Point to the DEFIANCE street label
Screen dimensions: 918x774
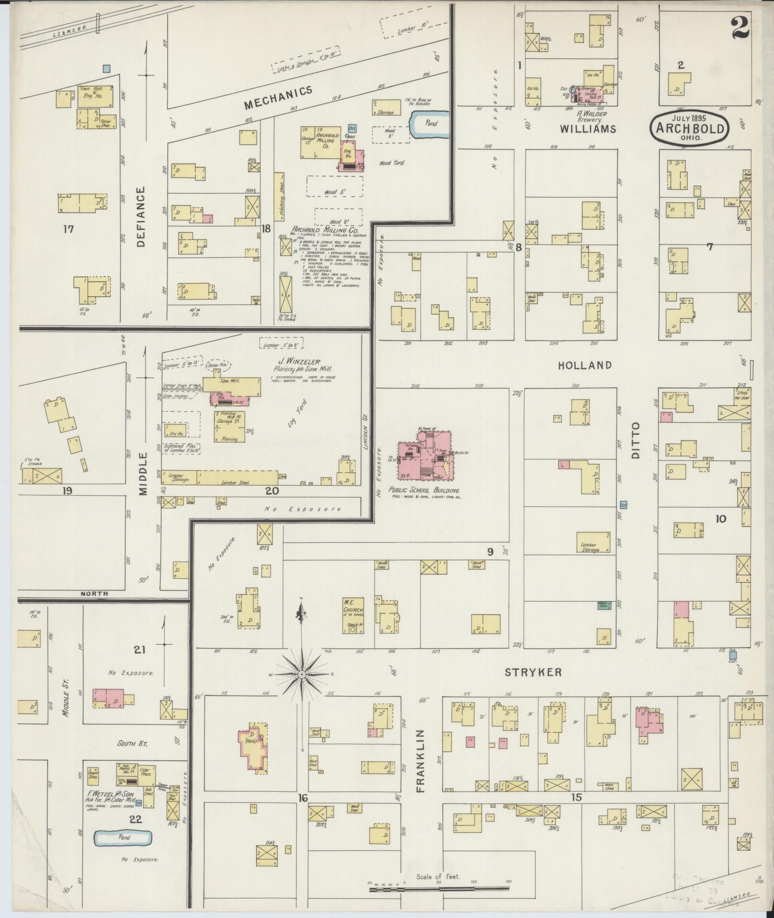(140, 216)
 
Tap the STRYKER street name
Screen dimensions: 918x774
(532, 672)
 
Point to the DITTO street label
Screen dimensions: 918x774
(636, 441)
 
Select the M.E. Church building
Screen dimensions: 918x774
(353, 615)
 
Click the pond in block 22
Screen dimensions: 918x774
(123, 838)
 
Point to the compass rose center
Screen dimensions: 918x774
(302, 675)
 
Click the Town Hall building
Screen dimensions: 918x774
(96, 96)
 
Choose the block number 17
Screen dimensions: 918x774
(68, 229)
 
